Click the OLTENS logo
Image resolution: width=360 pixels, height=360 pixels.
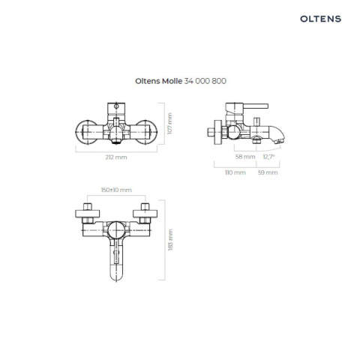click(320, 19)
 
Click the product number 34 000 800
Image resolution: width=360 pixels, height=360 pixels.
click(205, 81)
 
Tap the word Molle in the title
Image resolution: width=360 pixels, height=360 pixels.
click(172, 81)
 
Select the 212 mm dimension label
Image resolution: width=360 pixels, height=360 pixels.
click(116, 157)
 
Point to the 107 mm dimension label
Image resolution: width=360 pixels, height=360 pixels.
click(169, 124)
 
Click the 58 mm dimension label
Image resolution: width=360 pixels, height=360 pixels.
click(245, 157)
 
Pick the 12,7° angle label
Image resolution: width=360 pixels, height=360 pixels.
click(268, 157)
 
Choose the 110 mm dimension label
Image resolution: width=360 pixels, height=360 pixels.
click(235, 172)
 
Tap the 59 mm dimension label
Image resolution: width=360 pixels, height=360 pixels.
click(268, 172)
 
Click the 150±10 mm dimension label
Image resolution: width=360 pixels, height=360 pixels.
click(116, 190)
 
